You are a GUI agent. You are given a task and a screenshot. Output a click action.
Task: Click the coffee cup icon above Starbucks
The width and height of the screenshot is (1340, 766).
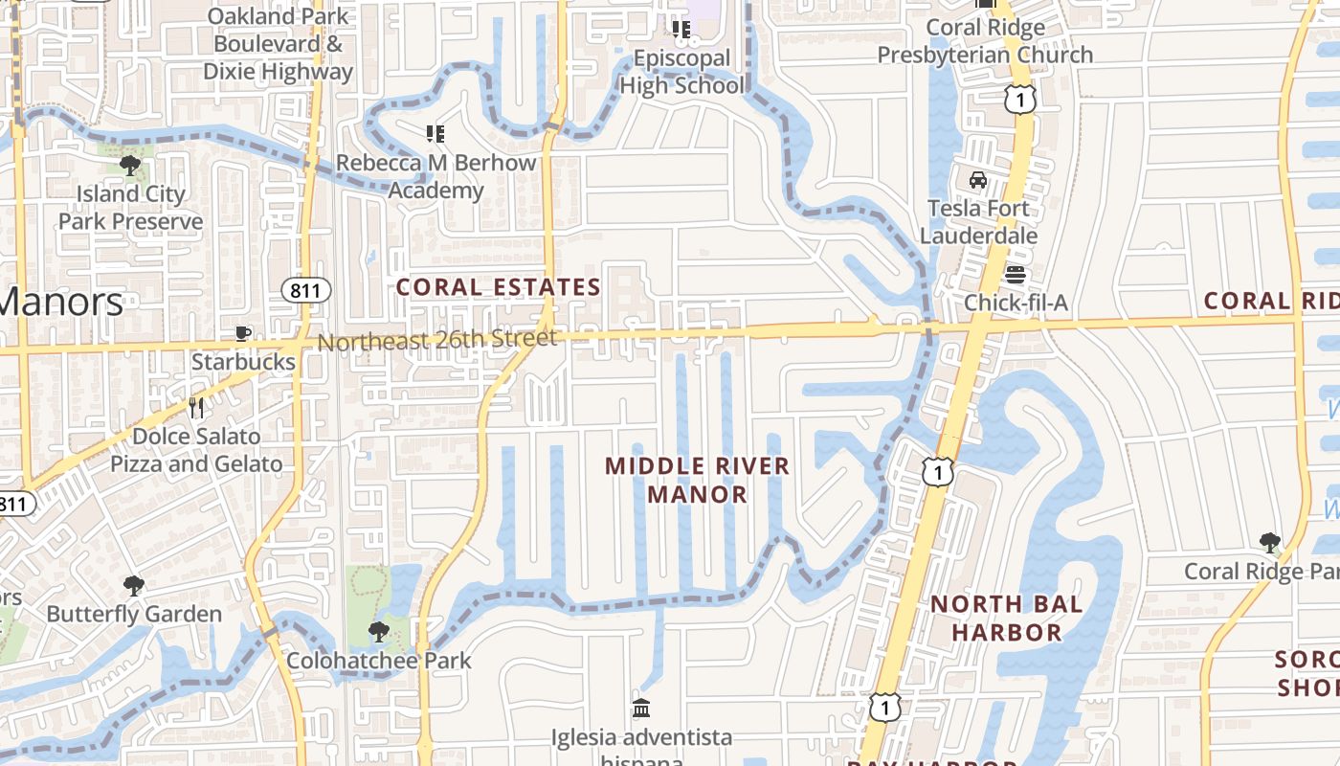pos(243,333)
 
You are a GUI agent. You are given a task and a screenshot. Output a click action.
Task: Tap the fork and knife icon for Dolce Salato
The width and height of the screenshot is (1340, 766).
pos(196,408)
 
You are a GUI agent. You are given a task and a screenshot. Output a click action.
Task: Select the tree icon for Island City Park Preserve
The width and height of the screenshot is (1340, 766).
pos(130,166)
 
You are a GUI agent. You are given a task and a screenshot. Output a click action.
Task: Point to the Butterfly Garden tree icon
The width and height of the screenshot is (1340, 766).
pos(134,585)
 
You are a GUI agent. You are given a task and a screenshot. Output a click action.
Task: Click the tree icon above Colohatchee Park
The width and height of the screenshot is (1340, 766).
pos(379,632)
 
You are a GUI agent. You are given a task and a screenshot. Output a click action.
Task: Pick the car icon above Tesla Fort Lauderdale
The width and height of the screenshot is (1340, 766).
pos(978,180)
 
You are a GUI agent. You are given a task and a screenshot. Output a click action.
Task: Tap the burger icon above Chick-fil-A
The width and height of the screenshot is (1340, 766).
pos(1016,275)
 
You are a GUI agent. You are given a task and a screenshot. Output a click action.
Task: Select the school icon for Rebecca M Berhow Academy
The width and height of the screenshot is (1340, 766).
pos(435,134)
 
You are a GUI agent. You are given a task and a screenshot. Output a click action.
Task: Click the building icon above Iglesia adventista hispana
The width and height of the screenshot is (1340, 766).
pos(641,709)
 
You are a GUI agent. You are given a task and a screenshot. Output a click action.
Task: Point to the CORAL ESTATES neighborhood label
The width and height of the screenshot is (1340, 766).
pos(498,287)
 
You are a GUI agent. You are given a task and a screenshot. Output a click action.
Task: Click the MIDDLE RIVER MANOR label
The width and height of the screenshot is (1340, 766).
pos(698,481)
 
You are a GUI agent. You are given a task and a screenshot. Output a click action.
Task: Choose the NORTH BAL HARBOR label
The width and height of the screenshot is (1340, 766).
pos(1007,619)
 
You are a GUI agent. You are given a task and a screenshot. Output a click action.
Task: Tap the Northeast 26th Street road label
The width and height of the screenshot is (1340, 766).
pos(436,341)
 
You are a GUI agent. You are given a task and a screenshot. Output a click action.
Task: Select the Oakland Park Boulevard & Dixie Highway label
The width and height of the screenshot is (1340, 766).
pos(278,44)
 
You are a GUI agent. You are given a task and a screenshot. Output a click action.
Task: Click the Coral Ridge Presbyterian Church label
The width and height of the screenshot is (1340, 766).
pos(985,41)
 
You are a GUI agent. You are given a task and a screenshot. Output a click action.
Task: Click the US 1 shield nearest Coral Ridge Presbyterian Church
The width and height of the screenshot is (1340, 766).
pos(1020,98)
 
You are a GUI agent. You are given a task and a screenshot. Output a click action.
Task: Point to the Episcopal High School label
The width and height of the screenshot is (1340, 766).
pos(681,72)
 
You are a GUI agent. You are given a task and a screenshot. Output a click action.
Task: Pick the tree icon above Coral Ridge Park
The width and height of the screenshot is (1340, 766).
pos(1269,543)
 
